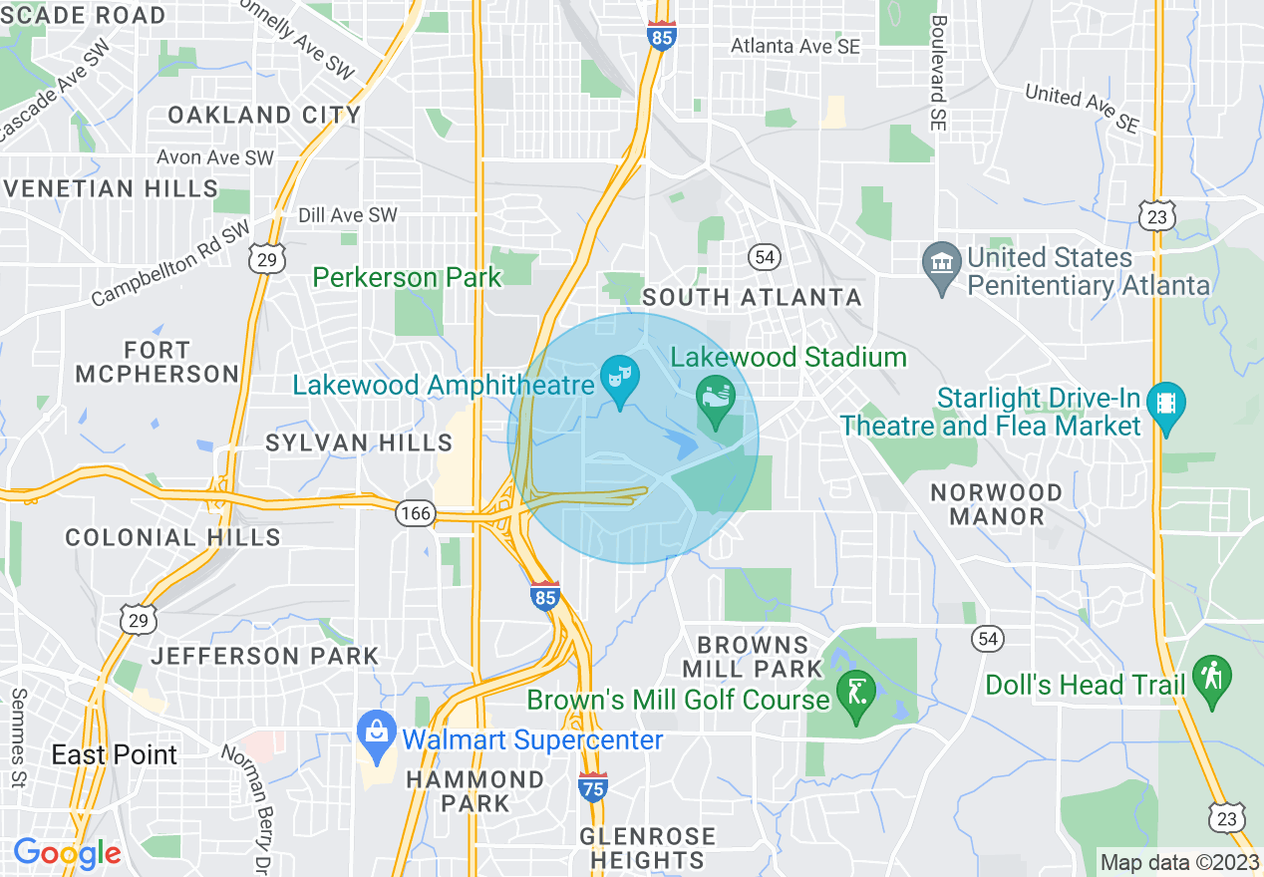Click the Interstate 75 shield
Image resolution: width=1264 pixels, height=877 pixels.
tap(592, 787)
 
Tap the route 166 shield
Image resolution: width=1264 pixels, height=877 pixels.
tap(415, 513)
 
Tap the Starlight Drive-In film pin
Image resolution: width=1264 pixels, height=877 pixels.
tap(1166, 407)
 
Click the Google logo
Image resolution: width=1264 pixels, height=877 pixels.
tap(67, 853)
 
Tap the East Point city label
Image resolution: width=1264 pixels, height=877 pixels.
tap(115, 754)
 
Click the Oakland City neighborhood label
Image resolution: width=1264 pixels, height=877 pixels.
tap(264, 115)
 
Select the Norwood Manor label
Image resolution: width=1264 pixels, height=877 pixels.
tap(996, 504)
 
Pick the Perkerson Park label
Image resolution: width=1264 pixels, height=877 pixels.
tap(409, 277)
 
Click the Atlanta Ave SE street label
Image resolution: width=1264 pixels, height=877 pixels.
tap(794, 46)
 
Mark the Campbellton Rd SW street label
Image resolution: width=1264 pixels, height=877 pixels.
tap(171, 264)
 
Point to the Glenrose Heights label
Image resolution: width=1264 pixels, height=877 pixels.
tap(649, 847)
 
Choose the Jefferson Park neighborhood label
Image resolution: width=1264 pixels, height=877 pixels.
tap(264, 656)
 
